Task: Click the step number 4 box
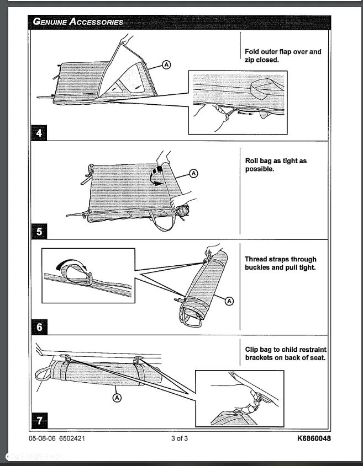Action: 38,132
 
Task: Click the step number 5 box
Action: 39,231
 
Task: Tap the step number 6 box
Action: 39,326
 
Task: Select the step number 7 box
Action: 38,421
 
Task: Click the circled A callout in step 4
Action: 166,65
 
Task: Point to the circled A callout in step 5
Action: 193,173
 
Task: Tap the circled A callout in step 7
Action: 117,397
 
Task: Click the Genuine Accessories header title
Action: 78,22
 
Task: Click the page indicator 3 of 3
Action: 180,439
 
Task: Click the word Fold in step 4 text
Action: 252,52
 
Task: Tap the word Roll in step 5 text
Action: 252,161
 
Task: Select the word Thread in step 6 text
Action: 257,259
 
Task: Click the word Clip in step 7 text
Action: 252,350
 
